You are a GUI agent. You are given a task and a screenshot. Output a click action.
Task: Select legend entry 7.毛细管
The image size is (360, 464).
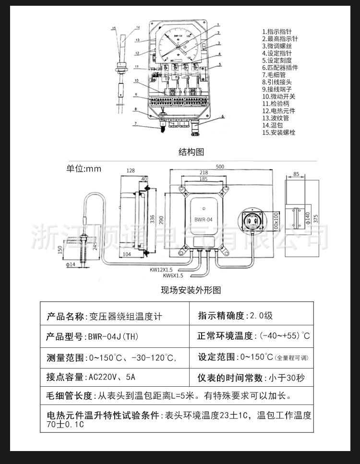[x=276, y=75]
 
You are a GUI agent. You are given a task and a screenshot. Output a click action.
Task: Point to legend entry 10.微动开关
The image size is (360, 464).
[x=279, y=96]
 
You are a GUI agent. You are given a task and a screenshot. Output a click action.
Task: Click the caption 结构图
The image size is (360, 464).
[x=191, y=152]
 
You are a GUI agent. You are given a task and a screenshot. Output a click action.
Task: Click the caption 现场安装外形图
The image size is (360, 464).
[x=191, y=290]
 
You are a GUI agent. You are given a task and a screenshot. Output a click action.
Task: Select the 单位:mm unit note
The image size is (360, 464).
[x=84, y=168]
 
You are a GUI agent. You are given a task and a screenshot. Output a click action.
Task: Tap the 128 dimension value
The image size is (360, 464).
[x=130, y=171]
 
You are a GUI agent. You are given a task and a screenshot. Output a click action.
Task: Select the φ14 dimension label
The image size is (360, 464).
[x=70, y=264]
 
